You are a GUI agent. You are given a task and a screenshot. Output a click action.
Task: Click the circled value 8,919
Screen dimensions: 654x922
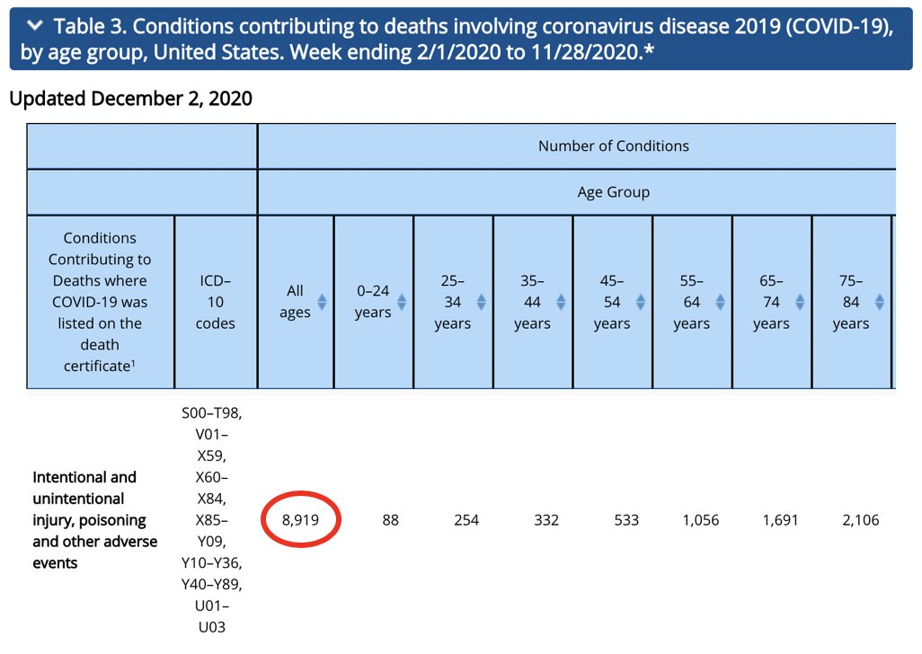click(x=300, y=520)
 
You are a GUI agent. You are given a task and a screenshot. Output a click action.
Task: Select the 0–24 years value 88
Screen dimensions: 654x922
click(x=390, y=520)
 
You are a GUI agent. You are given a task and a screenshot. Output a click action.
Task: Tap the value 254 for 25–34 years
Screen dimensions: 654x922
click(x=466, y=520)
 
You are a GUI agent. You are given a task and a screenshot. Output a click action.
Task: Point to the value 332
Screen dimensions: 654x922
click(x=545, y=520)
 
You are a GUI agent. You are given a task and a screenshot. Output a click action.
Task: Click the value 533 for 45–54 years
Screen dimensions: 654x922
click(x=625, y=520)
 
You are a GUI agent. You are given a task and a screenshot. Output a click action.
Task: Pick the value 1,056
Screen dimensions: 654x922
click(x=701, y=520)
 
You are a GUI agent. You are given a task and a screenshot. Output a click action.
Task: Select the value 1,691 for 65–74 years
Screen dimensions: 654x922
click(x=780, y=520)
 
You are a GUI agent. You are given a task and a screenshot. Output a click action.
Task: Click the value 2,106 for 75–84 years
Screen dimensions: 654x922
click(x=860, y=520)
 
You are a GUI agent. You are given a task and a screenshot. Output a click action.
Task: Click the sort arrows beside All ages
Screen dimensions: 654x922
click(x=322, y=302)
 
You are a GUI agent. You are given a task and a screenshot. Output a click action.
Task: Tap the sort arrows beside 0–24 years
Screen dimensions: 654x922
click(x=402, y=302)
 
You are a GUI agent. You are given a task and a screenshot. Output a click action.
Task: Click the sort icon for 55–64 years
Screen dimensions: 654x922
click(x=720, y=302)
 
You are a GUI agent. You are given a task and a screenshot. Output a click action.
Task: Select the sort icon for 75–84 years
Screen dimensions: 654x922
click(x=880, y=302)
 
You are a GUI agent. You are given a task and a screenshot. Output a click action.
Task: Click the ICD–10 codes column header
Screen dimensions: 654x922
click(x=216, y=302)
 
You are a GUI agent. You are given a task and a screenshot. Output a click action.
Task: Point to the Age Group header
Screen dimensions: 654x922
click(x=613, y=192)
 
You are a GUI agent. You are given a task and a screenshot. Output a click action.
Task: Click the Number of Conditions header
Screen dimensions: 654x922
click(x=613, y=146)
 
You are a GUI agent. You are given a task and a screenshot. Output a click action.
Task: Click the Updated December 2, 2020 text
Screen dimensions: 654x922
click(x=130, y=99)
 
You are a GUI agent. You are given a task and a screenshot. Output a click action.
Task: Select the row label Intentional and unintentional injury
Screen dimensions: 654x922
click(x=94, y=520)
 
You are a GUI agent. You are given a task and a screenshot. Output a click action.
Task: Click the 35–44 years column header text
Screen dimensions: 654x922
click(x=532, y=302)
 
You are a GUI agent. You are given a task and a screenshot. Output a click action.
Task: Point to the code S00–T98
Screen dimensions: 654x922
click(x=212, y=412)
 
